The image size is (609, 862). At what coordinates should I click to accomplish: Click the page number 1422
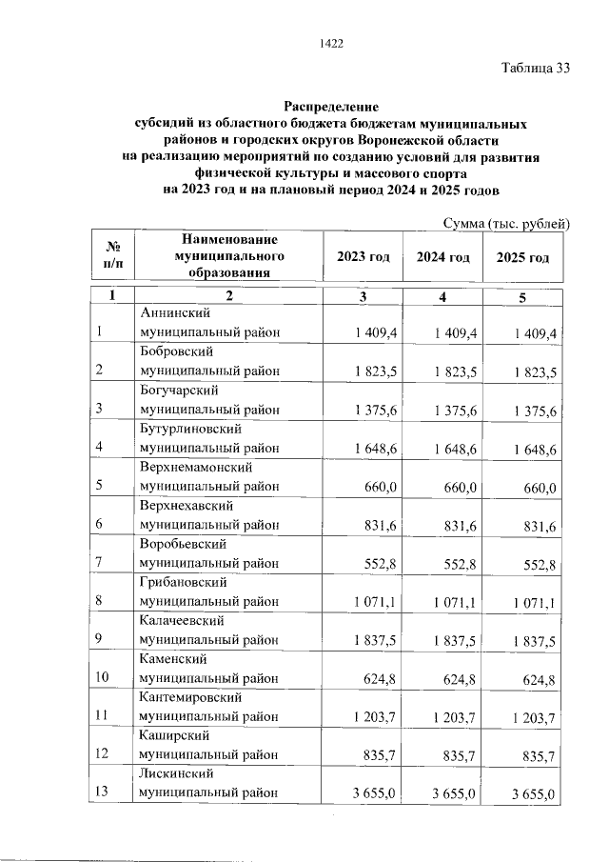[x=331, y=43]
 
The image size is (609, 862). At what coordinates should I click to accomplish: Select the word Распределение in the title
[x=331, y=107]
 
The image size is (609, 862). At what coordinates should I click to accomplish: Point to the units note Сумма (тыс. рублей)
[x=506, y=223]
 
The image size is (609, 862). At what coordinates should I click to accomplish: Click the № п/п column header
[x=111, y=253]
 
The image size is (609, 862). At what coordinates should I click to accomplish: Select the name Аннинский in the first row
[x=174, y=312]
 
